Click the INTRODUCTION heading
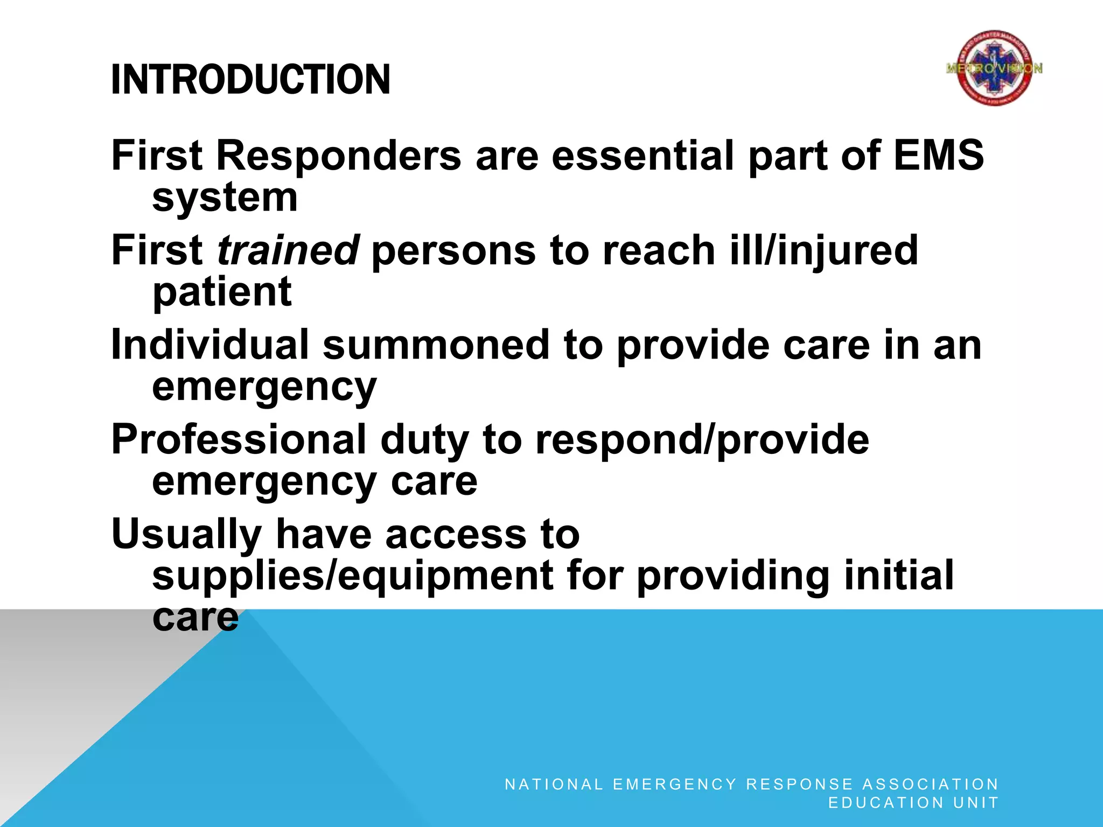250,80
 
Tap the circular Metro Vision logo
994,68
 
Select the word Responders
339,156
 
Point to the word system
225,198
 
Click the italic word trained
288,250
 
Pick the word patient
222,292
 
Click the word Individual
210,345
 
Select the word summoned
436,345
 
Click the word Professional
239,439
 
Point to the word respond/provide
702,439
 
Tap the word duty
424,439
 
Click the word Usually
186,534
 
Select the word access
456,534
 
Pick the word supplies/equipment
352,576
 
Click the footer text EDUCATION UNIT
913,803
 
